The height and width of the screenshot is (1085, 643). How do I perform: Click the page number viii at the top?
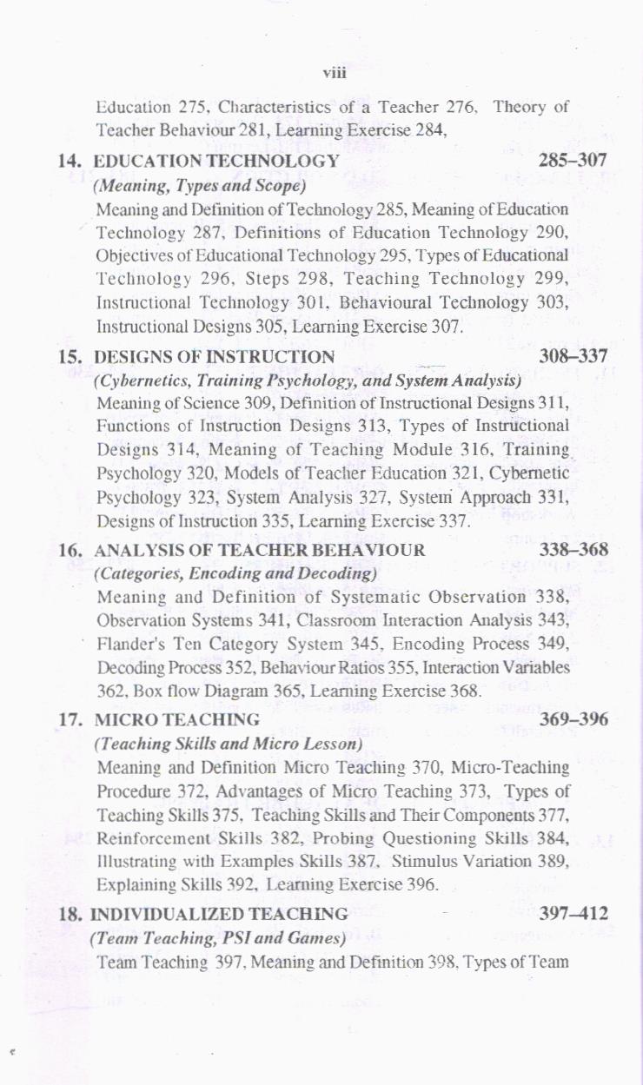pos(335,73)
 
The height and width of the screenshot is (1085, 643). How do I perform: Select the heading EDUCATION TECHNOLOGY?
pos(215,161)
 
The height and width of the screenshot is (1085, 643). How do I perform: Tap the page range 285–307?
pos(572,160)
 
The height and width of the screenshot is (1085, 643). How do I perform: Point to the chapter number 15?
pos(70,357)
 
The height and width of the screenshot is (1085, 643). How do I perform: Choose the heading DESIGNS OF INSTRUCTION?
pos(214,357)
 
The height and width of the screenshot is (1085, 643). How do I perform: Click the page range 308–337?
pos(573,356)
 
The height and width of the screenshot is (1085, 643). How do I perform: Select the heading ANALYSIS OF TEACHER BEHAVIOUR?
pos(259,551)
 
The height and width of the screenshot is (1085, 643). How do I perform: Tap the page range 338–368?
pos(573,550)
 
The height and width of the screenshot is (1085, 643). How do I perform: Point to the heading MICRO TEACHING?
pos(176,720)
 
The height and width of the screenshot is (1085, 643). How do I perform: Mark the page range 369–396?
pos(573,719)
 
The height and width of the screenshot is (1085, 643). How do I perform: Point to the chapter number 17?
pos(70,720)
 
